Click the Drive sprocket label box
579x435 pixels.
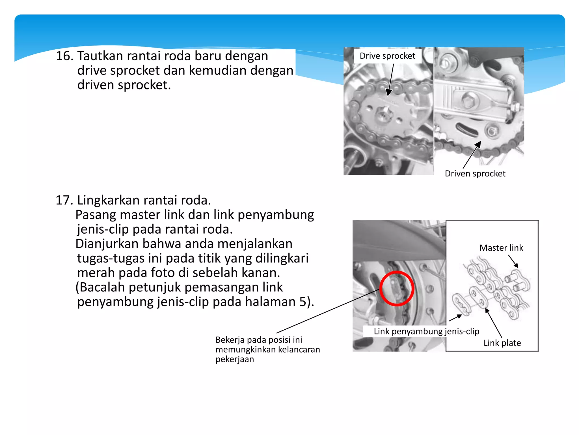point(387,56)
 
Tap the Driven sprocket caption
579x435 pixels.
point(475,173)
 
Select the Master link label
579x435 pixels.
point(501,248)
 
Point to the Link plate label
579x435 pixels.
point(502,343)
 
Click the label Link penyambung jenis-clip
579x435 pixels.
point(426,331)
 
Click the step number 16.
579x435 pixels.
point(64,56)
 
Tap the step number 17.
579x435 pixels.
point(64,200)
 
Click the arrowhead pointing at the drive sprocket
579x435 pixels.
point(389,92)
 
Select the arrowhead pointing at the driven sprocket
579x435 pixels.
point(478,144)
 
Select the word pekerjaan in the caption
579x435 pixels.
point(235,359)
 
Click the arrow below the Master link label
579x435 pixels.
point(513,261)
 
